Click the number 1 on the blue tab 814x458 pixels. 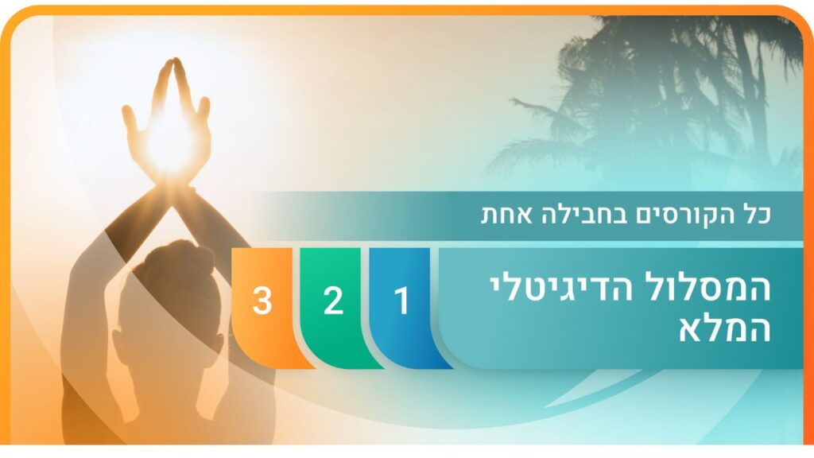[401, 301]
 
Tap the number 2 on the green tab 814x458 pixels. [333, 301]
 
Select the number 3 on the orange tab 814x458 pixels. [262, 301]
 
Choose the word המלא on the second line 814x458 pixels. [725, 328]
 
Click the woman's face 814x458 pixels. [169, 332]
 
